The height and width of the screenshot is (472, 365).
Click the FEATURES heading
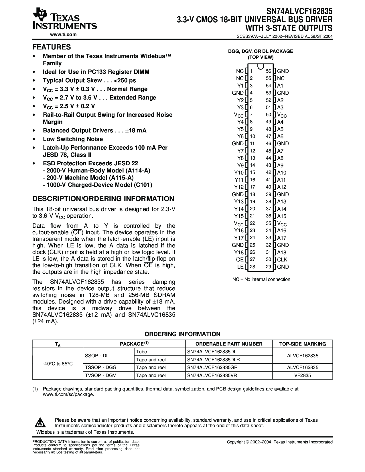(x=52, y=47)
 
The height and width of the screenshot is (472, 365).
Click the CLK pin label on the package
(x=282, y=260)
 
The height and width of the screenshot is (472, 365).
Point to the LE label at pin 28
(x=240, y=267)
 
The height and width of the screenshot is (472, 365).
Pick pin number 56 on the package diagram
(x=268, y=71)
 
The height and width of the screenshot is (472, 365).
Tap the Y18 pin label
(x=239, y=252)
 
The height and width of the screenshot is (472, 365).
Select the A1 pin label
(x=280, y=86)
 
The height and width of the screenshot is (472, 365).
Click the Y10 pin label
(x=239, y=172)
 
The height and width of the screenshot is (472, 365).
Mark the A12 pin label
(x=281, y=187)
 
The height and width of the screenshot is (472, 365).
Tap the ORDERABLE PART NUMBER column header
(x=229, y=344)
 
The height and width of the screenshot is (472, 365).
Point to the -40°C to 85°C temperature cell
(x=58, y=364)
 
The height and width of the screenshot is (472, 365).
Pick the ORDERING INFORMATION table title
(x=182, y=334)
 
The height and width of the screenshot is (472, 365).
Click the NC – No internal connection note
(x=261, y=279)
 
